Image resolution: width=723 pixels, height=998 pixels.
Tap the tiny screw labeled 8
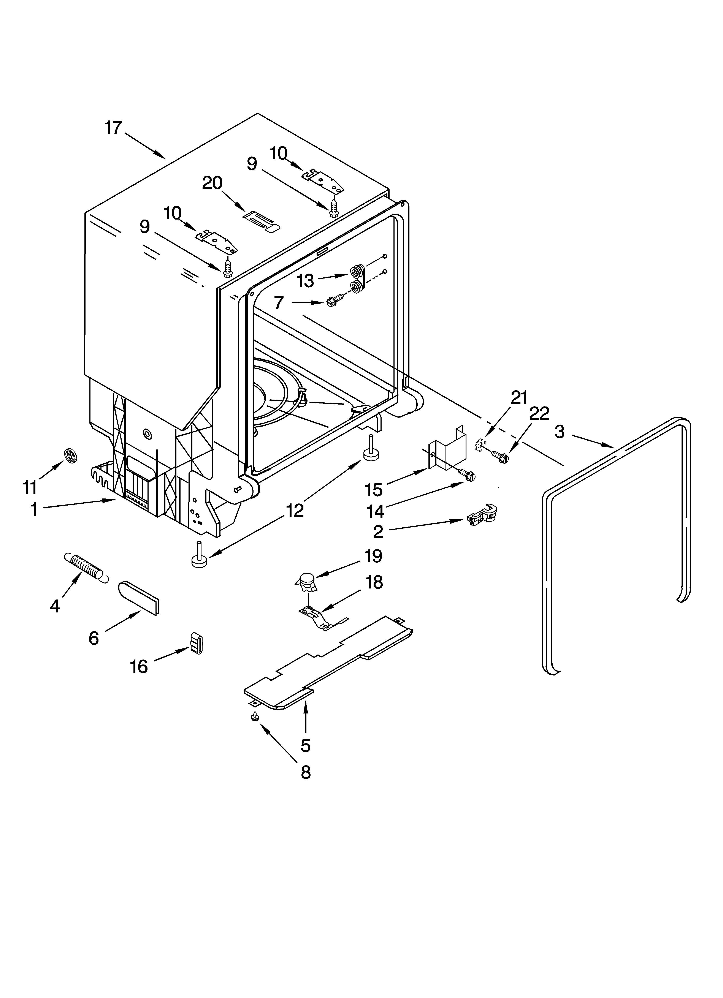point(255,717)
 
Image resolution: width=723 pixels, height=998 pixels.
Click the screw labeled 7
point(335,301)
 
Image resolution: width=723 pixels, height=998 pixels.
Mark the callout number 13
point(305,280)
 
